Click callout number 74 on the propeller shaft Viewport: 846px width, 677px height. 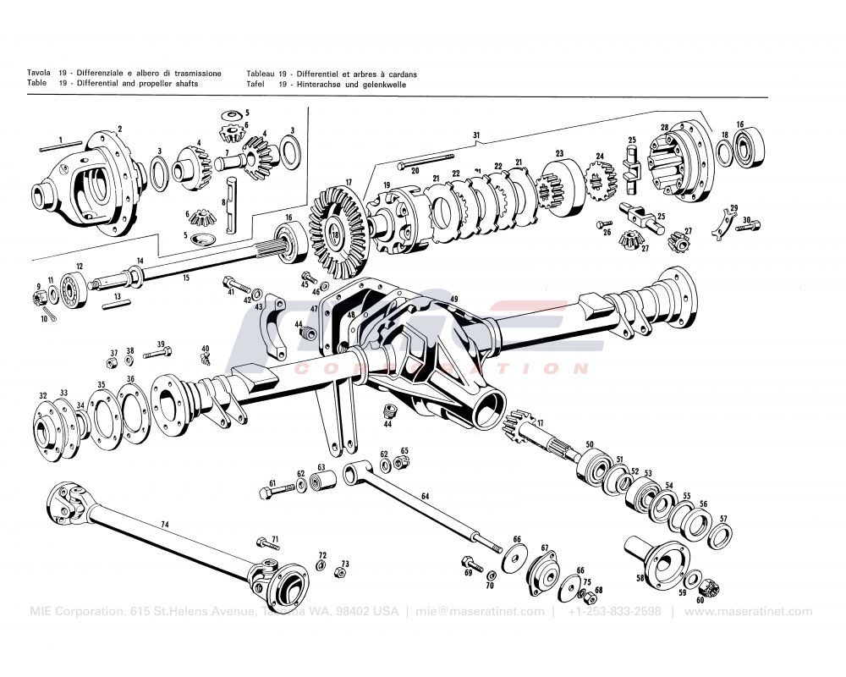click(x=165, y=525)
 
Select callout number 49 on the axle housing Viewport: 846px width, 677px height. click(x=453, y=300)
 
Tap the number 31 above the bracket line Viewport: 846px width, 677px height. click(x=476, y=135)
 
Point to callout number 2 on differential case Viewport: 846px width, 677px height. click(x=119, y=129)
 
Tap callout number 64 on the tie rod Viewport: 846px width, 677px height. click(x=425, y=497)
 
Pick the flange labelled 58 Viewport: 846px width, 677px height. click(x=660, y=563)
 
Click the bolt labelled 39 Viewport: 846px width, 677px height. click(x=157, y=353)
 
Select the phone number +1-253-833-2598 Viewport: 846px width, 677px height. click(x=615, y=611)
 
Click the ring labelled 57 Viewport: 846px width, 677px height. click(x=721, y=536)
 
